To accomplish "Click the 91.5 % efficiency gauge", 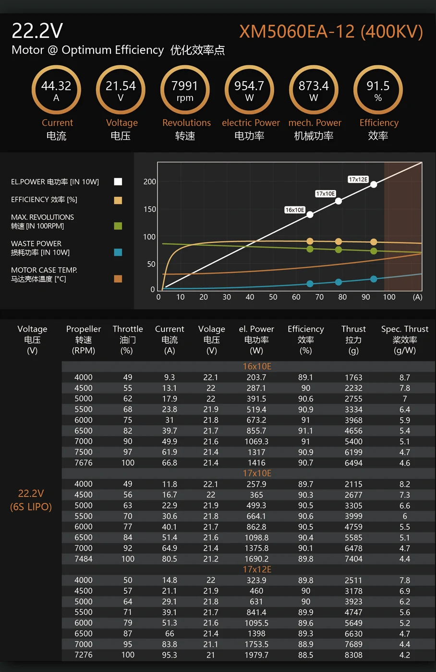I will [x=378, y=90].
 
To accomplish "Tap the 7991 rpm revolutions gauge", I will [x=185, y=90].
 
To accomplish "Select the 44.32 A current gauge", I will [x=56, y=90].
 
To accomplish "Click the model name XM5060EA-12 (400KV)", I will [x=331, y=32].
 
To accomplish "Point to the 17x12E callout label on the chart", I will [x=358, y=180].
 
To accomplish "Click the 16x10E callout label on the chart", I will [x=295, y=210].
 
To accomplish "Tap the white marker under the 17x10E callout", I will [x=339, y=201].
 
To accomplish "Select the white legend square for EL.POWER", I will [x=118, y=181].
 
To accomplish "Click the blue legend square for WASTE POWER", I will [x=118, y=252].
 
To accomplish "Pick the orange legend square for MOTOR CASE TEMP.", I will [x=118, y=278].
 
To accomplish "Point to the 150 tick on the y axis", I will [x=150, y=209].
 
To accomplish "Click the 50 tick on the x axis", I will [x=273, y=297].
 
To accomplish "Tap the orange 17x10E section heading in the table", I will [x=257, y=473].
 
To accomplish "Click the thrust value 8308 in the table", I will [x=353, y=655].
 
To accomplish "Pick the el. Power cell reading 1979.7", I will [x=256, y=655].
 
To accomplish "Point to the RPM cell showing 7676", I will [x=84, y=463].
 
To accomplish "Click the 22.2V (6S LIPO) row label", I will [x=31, y=500].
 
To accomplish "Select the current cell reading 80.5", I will [x=170, y=559].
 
